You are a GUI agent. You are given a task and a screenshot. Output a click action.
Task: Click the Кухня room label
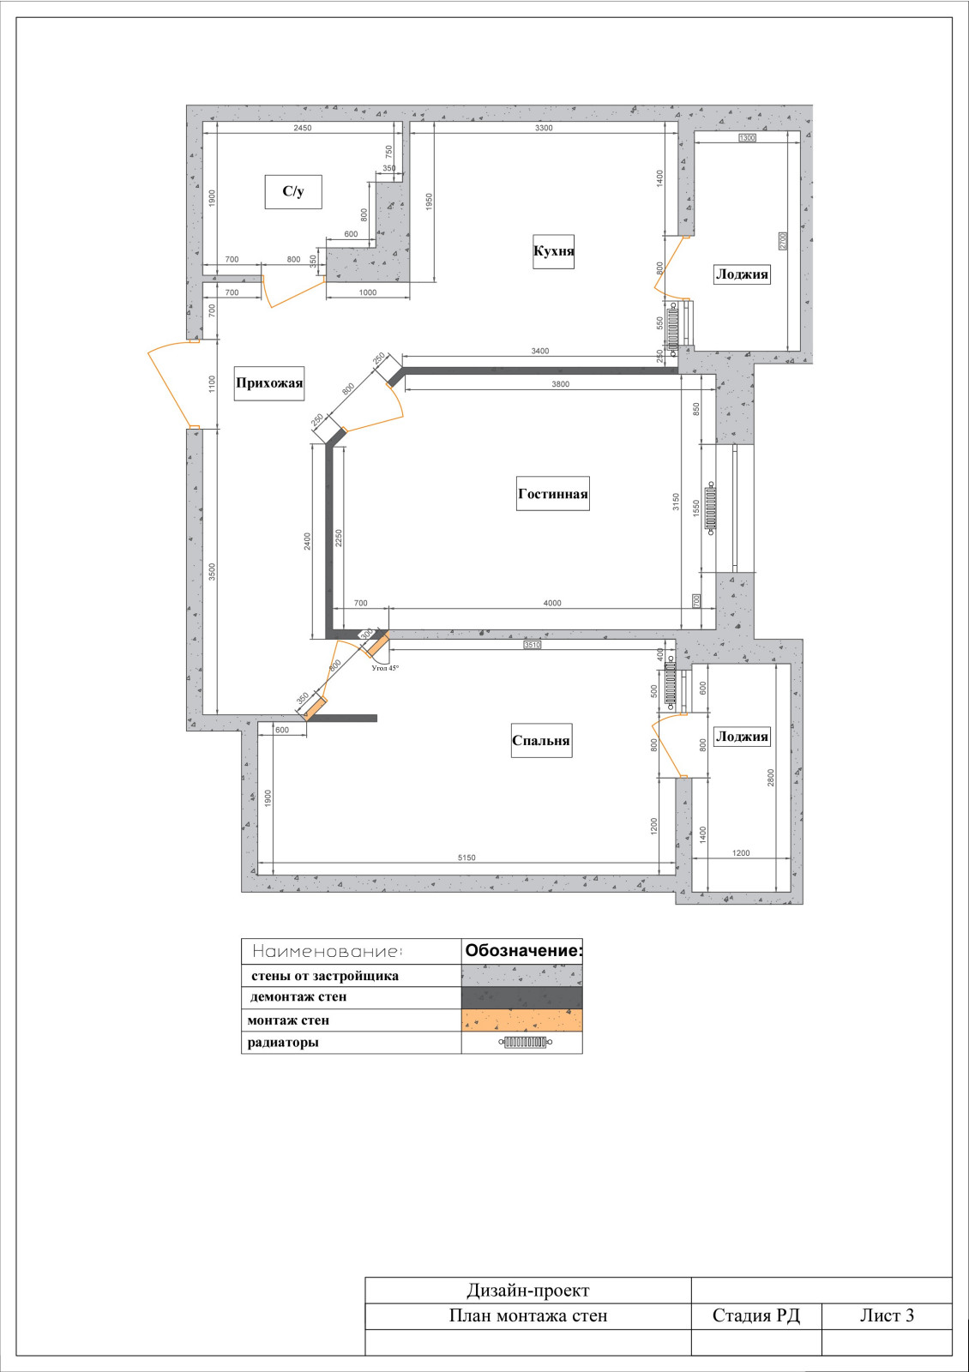pyautogui.click(x=554, y=251)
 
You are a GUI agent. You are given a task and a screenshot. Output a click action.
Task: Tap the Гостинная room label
pyautogui.click(x=553, y=494)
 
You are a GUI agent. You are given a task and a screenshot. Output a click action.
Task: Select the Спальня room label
pyautogui.click(x=541, y=741)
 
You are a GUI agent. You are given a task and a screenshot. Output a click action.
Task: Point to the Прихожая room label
pyautogui.click(x=269, y=383)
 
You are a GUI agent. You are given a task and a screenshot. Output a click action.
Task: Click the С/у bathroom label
pyautogui.click(x=293, y=192)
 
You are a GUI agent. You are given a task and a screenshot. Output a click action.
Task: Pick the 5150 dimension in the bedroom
pyautogui.click(x=466, y=857)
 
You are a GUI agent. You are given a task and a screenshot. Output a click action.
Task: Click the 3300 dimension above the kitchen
pyautogui.click(x=544, y=128)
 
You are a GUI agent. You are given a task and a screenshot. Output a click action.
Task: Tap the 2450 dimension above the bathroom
pyautogui.click(x=303, y=128)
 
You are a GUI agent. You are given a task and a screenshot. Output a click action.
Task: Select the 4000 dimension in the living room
pyautogui.click(x=552, y=604)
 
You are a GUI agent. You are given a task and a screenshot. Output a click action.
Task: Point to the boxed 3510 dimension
pyautogui.click(x=533, y=645)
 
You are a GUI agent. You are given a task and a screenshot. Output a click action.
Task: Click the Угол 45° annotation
pyautogui.click(x=385, y=668)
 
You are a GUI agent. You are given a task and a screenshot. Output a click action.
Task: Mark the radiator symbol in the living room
pyautogui.click(x=711, y=508)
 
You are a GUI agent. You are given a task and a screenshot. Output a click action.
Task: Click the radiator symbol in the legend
pyautogui.click(x=526, y=1042)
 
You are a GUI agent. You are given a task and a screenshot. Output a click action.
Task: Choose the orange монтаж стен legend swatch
pyautogui.click(x=522, y=1020)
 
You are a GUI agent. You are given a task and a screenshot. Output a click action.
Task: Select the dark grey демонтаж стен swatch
pyautogui.click(x=522, y=997)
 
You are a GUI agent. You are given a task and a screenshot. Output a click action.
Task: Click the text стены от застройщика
pyautogui.click(x=325, y=976)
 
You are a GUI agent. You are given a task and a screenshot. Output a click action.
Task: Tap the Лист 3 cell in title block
pyautogui.click(x=887, y=1315)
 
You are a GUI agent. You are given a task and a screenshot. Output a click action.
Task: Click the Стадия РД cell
pyautogui.click(x=755, y=1315)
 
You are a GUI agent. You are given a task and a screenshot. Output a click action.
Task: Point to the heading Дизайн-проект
pyautogui.click(x=528, y=1291)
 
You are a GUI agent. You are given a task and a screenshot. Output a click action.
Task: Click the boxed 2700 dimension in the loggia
pyautogui.click(x=782, y=241)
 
